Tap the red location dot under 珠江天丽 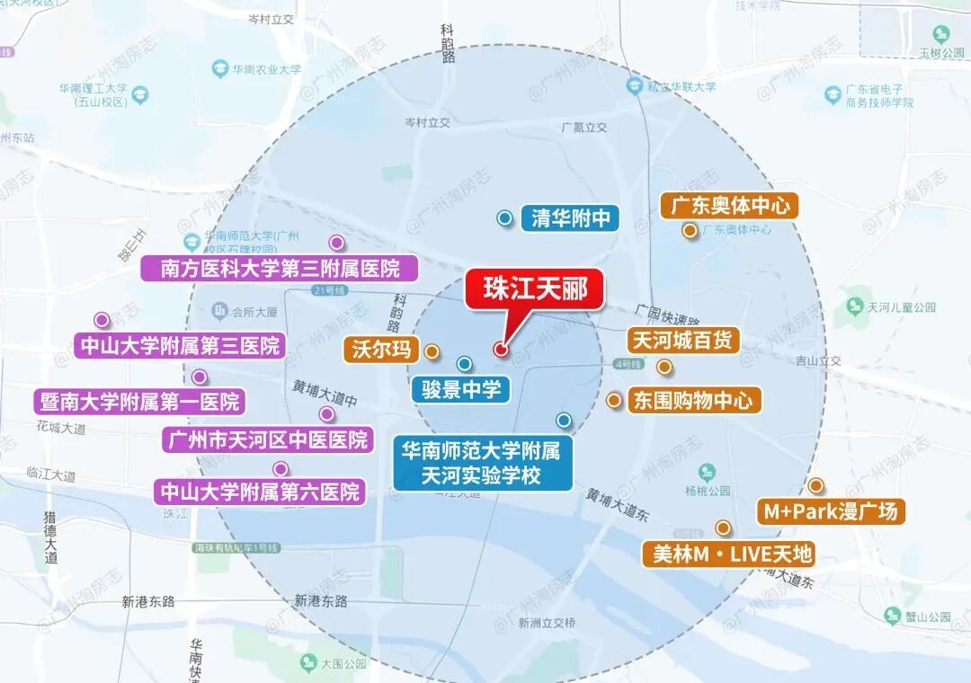pyautogui.click(x=501, y=349)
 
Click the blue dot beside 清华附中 pyautogui.click(x=505, y=217)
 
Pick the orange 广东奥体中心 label pyautogui.click(x=729, y=206)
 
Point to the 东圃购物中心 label pyautogui.click(x=693, y=400)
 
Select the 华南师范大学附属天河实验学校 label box pyautogui.click(x=482, y=463)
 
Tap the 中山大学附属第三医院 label pyautogui.click(x=180, y=344)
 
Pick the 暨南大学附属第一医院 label pyautogui.click(x=140, y=401)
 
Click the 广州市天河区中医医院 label pyautogui.click(x=267, y=439)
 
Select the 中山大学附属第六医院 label pyautogui.click(x=260, y=492)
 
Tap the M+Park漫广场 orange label pyautogui.click(x=830, y=511)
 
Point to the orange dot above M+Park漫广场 pyautogui.click(x=815, y=485)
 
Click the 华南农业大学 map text pyautogui.click(x=266, y=68)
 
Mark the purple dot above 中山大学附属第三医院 pyautogui.click(x=102, y=320)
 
